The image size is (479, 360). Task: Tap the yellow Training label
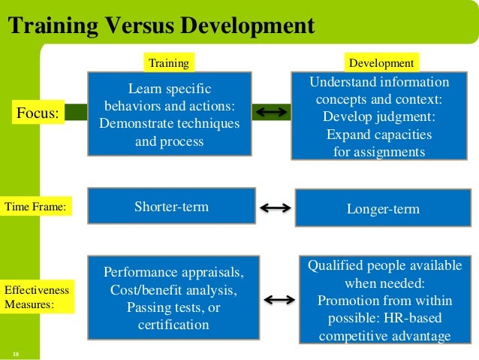click(168, 63)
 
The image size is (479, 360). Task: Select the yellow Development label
click(381, 63)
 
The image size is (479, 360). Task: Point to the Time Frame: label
click(35, 204)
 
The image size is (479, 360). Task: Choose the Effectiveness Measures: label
click(37, 297)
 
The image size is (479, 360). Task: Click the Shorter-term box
click(171, 206)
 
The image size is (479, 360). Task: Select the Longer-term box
click(384, 208)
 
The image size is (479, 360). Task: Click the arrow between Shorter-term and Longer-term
click(275, 208)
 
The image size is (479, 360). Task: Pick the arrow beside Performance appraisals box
click(279, 300)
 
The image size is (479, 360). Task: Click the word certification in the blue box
click(173, 325)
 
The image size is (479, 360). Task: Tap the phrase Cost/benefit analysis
click(173, 289)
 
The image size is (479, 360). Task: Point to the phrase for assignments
click(379, 152)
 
